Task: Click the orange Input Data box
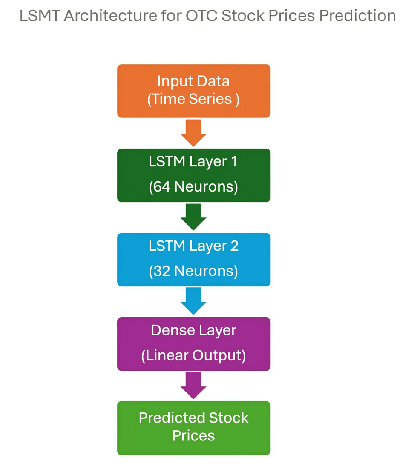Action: [x=193, y=91]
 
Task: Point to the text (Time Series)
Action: [x=193, y=99]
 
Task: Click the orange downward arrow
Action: [x=193, y=132]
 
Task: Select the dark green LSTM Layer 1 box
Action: [x=193, y=175]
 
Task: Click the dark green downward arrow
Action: [x=193, y=217]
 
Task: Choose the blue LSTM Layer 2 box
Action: [x=193, y=259]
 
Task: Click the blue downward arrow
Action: [x=193, y=301]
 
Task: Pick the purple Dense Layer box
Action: [x=193, y=343]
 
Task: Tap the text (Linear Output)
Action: [x=193, y=355]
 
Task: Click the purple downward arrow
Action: [x=193, y=385]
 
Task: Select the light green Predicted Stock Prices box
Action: [x=193, y=427]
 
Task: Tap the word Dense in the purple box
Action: [x=170, y=331]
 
